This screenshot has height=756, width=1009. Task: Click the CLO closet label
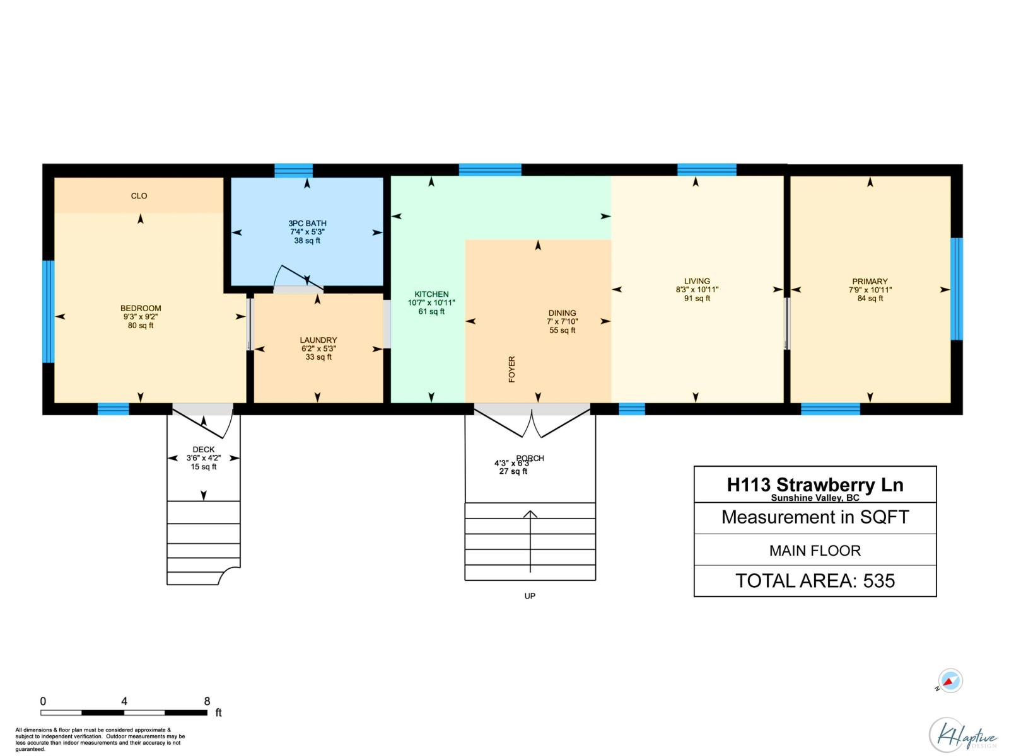[139, 196]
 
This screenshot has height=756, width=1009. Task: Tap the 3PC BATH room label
[307, 223]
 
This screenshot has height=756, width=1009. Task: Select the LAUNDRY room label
[318, 340]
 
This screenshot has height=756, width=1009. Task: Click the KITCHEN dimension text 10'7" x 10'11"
[431, 303]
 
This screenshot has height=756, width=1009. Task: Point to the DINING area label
[562, 313]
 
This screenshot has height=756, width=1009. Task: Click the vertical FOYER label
[511, 369]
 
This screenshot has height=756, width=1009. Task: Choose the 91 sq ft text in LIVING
[697, 299]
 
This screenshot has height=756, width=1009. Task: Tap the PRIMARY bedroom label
[870, 282]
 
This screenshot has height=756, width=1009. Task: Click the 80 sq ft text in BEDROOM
[141, 326]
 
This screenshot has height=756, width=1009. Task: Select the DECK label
[203, 450]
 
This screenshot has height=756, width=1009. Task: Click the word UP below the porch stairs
[530, 596]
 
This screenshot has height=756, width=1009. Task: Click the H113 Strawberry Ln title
[815, 484]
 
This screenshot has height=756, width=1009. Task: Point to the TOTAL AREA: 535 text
[815, 580]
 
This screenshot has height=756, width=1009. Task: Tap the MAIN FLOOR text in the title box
[815, 551]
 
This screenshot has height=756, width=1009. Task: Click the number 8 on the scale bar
[207, 701]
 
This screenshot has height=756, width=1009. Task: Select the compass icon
[950, 681]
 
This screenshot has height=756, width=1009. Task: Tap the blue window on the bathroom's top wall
[293, 170]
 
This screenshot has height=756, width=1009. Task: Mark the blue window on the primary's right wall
[957, 289]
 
